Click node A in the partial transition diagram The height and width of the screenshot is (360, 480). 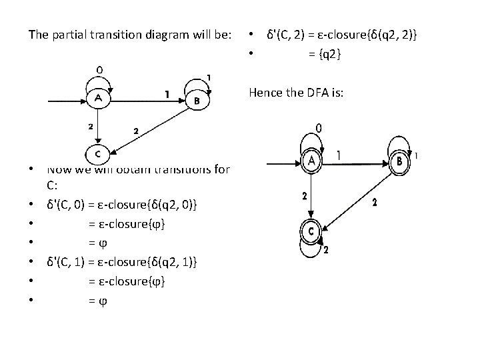tap(99, 99)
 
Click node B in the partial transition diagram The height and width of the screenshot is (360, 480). tap(196, 101)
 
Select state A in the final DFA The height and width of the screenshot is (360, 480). tap(311, 160)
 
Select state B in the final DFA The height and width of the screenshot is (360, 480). tap(399, 161)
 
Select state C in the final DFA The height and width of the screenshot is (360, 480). tap(311, 231)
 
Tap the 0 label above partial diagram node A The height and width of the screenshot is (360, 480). tap(99, 69)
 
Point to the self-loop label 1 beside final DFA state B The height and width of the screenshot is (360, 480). tap(417, 156)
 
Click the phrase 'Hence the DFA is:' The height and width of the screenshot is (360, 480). tap(296, 93)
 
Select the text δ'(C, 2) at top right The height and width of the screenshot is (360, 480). tap(286, 34)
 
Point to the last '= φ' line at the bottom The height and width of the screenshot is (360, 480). tap(97, 301)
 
